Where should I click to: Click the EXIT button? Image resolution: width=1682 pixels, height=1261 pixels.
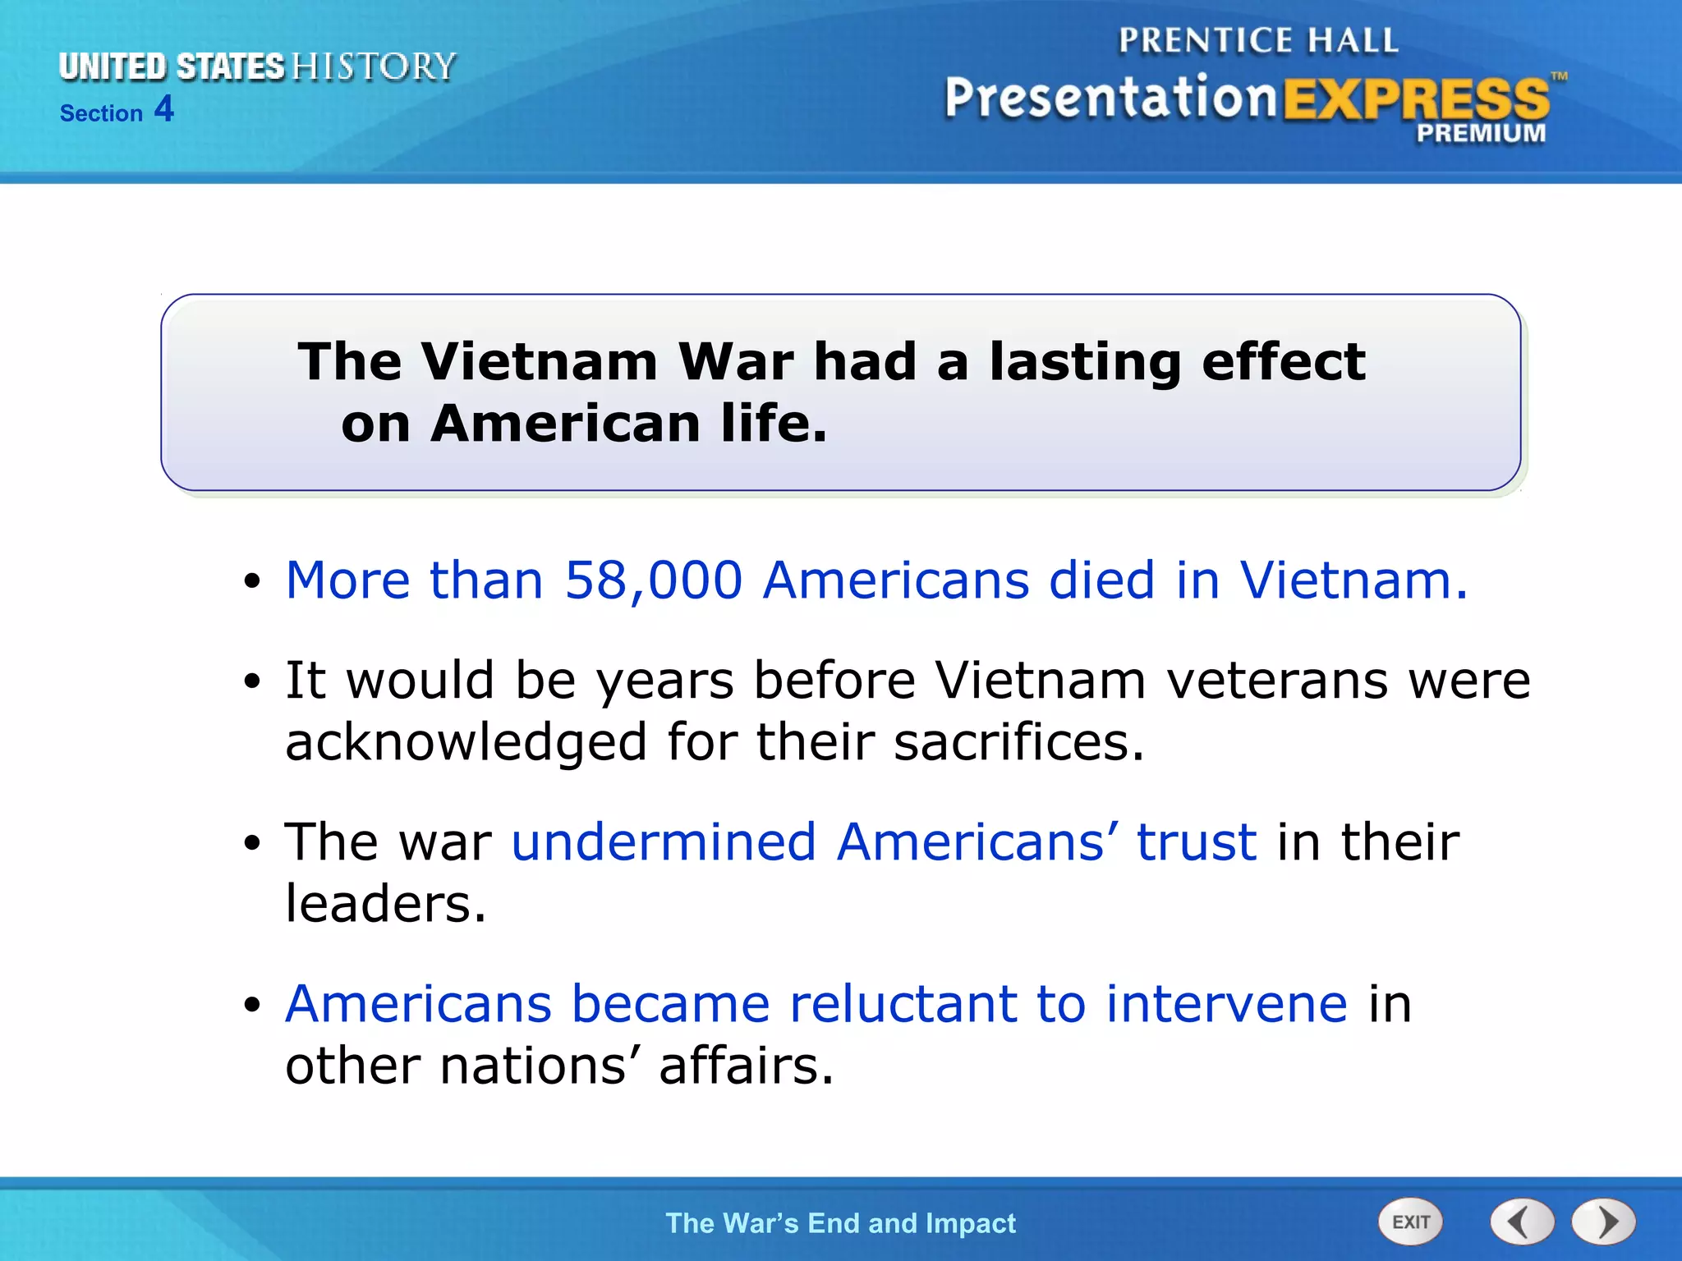tap(1410, 1222)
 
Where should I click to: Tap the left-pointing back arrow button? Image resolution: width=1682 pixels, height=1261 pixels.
tap(1522, 1222)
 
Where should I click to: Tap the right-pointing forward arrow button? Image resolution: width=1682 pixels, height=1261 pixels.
tap(1604, 1222)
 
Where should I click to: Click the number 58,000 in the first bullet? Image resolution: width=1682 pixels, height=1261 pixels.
tap(653, 580)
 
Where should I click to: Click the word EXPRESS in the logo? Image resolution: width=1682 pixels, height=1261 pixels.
tap(1416, 100)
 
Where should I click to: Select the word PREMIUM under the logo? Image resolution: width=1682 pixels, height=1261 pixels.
tap(1481, 133)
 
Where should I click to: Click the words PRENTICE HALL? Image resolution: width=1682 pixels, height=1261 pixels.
tap(1258, 40)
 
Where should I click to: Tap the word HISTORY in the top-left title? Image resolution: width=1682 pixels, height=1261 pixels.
tap(374, 66)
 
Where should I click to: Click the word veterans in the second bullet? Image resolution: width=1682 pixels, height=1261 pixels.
tap(1277, 681)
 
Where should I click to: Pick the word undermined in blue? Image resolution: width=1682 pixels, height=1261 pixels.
tap(663, 842)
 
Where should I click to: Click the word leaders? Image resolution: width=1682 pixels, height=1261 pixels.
tap(385, 904)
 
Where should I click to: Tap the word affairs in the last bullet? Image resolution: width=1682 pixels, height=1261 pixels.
tap(746, 1066)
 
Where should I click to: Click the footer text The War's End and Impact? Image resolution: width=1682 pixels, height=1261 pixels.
tap(840, 1223)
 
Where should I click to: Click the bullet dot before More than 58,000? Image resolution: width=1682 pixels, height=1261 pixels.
tap(252, 582)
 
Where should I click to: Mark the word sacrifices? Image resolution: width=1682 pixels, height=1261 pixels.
tap(1018, 742)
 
